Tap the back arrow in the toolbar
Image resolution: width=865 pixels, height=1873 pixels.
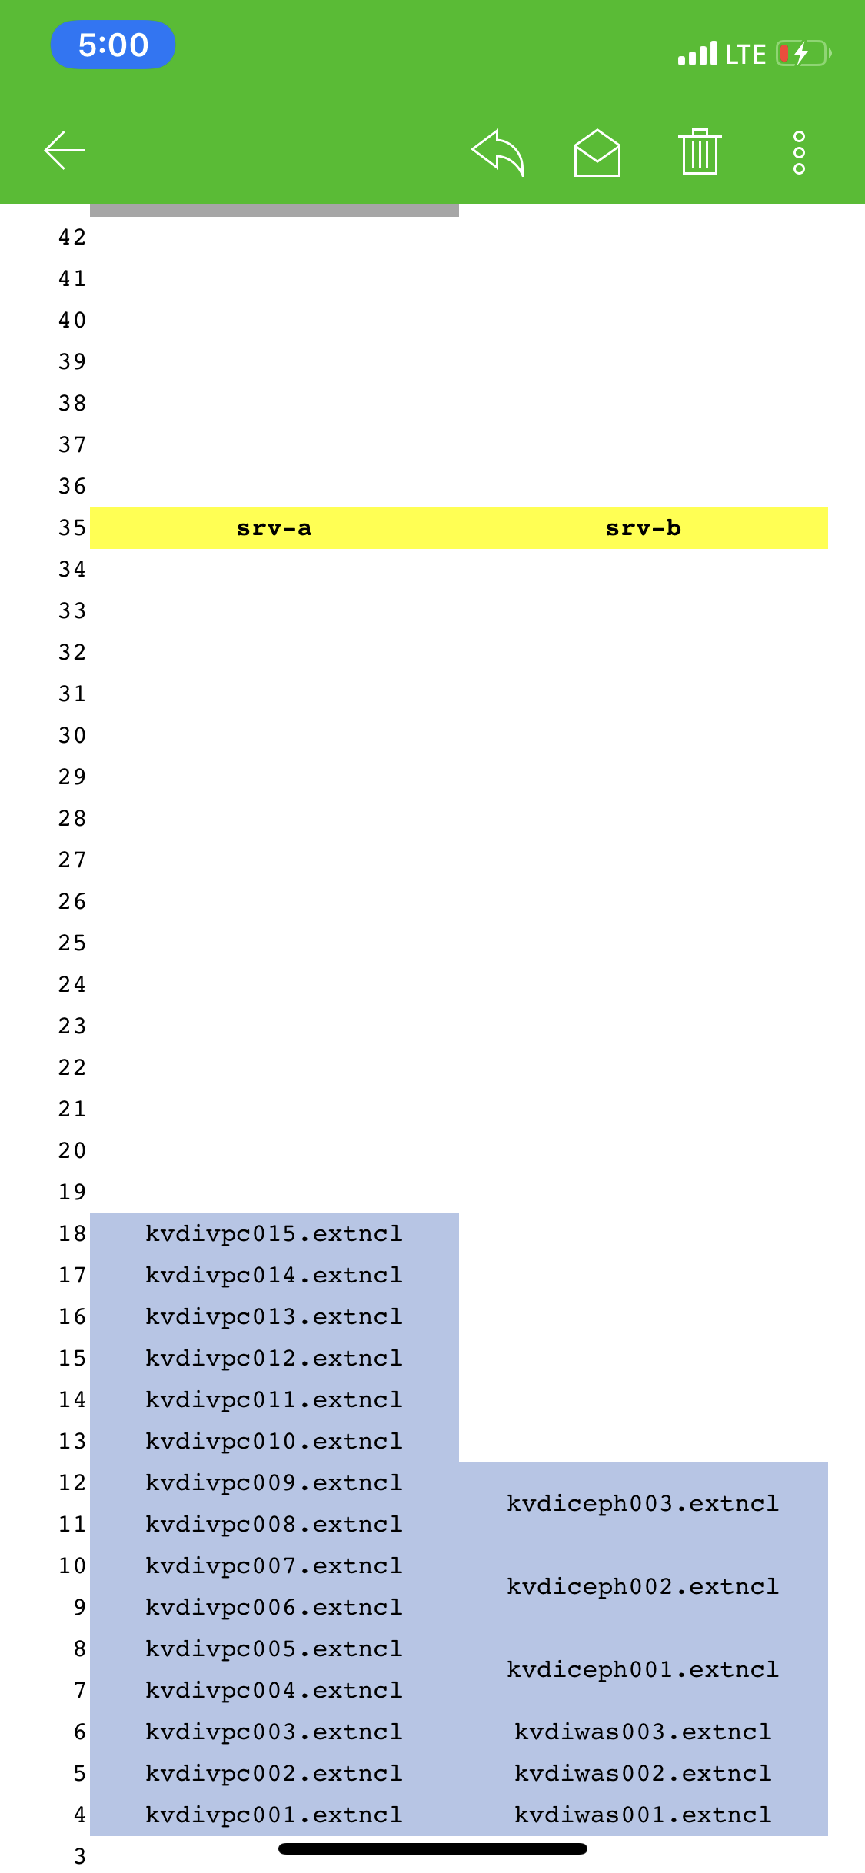point(65,150)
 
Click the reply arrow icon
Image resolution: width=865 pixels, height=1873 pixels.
point(497,152)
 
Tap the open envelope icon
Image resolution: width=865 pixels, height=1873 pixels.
point(597,152)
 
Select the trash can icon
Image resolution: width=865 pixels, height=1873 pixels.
point(700,151)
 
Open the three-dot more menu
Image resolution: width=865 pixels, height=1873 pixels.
point(799,152)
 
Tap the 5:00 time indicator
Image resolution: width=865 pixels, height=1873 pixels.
point(113,45)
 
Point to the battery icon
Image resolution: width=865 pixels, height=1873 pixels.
point(803,53)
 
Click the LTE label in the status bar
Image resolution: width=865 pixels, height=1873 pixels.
point(746,54)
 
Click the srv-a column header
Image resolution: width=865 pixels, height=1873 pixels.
point(274,528)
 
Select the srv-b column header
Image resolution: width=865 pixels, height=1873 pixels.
point(644,528)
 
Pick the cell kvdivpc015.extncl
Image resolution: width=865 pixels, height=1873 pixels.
point(274,1234)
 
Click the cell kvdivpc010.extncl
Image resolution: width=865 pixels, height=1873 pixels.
point(274,1442)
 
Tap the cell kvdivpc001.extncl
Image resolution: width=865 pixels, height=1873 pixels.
point(274,1815)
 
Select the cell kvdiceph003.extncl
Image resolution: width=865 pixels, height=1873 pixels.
point(644,1504)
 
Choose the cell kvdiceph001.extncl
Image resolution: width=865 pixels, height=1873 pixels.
point(644,1670)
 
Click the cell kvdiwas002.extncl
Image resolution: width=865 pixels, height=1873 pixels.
point(644,1774)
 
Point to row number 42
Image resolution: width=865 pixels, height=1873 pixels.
point(72,238)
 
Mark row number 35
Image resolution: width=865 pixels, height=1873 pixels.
point(72,528)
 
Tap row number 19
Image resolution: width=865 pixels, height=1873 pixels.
point(72,1193)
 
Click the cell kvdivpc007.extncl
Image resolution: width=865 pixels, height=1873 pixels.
point(274,1566)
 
